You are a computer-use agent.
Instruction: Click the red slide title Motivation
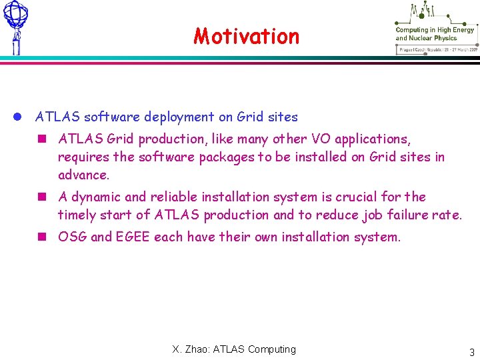coord(247,35)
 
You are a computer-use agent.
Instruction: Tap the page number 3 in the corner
coord(471,353)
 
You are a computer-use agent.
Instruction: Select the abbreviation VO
coord(321,139)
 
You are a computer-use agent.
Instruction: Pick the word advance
coord(83,175)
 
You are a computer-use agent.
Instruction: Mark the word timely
coord(77,215)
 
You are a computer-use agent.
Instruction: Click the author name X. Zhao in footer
coord(190,349)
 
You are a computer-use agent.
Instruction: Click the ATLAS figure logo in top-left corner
coord(15,27)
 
